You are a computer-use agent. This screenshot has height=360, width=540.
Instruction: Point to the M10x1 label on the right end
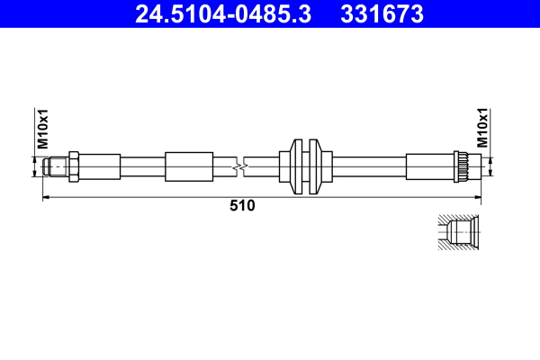[481, 129]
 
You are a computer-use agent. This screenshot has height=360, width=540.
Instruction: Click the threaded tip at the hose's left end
[57, 166]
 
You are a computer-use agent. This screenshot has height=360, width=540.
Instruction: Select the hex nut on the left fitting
[75, 166]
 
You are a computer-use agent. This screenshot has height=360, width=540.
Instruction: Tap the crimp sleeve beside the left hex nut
[101, 166]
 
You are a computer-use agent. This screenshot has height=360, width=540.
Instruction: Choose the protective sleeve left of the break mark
[189, 166]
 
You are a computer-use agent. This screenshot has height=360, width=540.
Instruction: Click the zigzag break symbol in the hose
[238, 166]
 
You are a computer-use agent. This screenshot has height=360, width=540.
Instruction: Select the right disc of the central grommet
[314, 166]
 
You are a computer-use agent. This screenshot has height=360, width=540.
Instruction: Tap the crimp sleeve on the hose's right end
[430, 166]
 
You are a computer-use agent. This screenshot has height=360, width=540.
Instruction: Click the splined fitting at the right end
[463, 166]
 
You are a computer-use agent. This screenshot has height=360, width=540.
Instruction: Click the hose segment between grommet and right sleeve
[369, 166]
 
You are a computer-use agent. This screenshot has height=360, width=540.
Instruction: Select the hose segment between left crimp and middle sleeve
[142, 166]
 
